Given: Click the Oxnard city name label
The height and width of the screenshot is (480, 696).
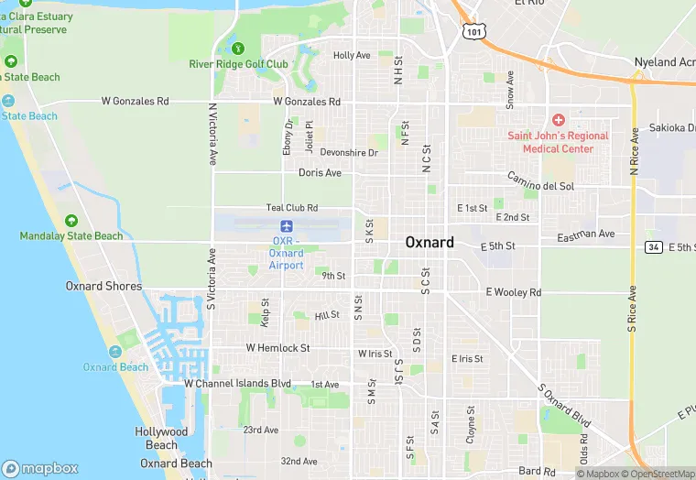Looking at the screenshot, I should [430, 243].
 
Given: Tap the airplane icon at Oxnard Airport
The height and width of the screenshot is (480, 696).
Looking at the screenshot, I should [287, 225].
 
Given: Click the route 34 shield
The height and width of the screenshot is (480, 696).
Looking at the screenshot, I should [653, 247].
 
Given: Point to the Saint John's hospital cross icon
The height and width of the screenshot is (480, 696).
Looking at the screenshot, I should [558, 121].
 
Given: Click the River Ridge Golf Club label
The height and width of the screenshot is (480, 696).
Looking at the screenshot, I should [238, 64].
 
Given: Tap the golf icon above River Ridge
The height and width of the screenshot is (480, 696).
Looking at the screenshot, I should [238, 48].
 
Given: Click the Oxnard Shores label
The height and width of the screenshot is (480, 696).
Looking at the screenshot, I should [103, 286].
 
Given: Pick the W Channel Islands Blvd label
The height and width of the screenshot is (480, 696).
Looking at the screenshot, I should [237, 384].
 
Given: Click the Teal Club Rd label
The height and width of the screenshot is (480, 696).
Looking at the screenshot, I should [292, 208].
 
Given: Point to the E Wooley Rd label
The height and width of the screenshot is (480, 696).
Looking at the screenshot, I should [513, 292].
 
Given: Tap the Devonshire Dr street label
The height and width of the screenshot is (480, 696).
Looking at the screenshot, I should [349, 153].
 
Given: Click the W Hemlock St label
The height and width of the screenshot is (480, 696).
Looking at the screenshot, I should [277, 348].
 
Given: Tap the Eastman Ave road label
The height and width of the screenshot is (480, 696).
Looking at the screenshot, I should [586, 235].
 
